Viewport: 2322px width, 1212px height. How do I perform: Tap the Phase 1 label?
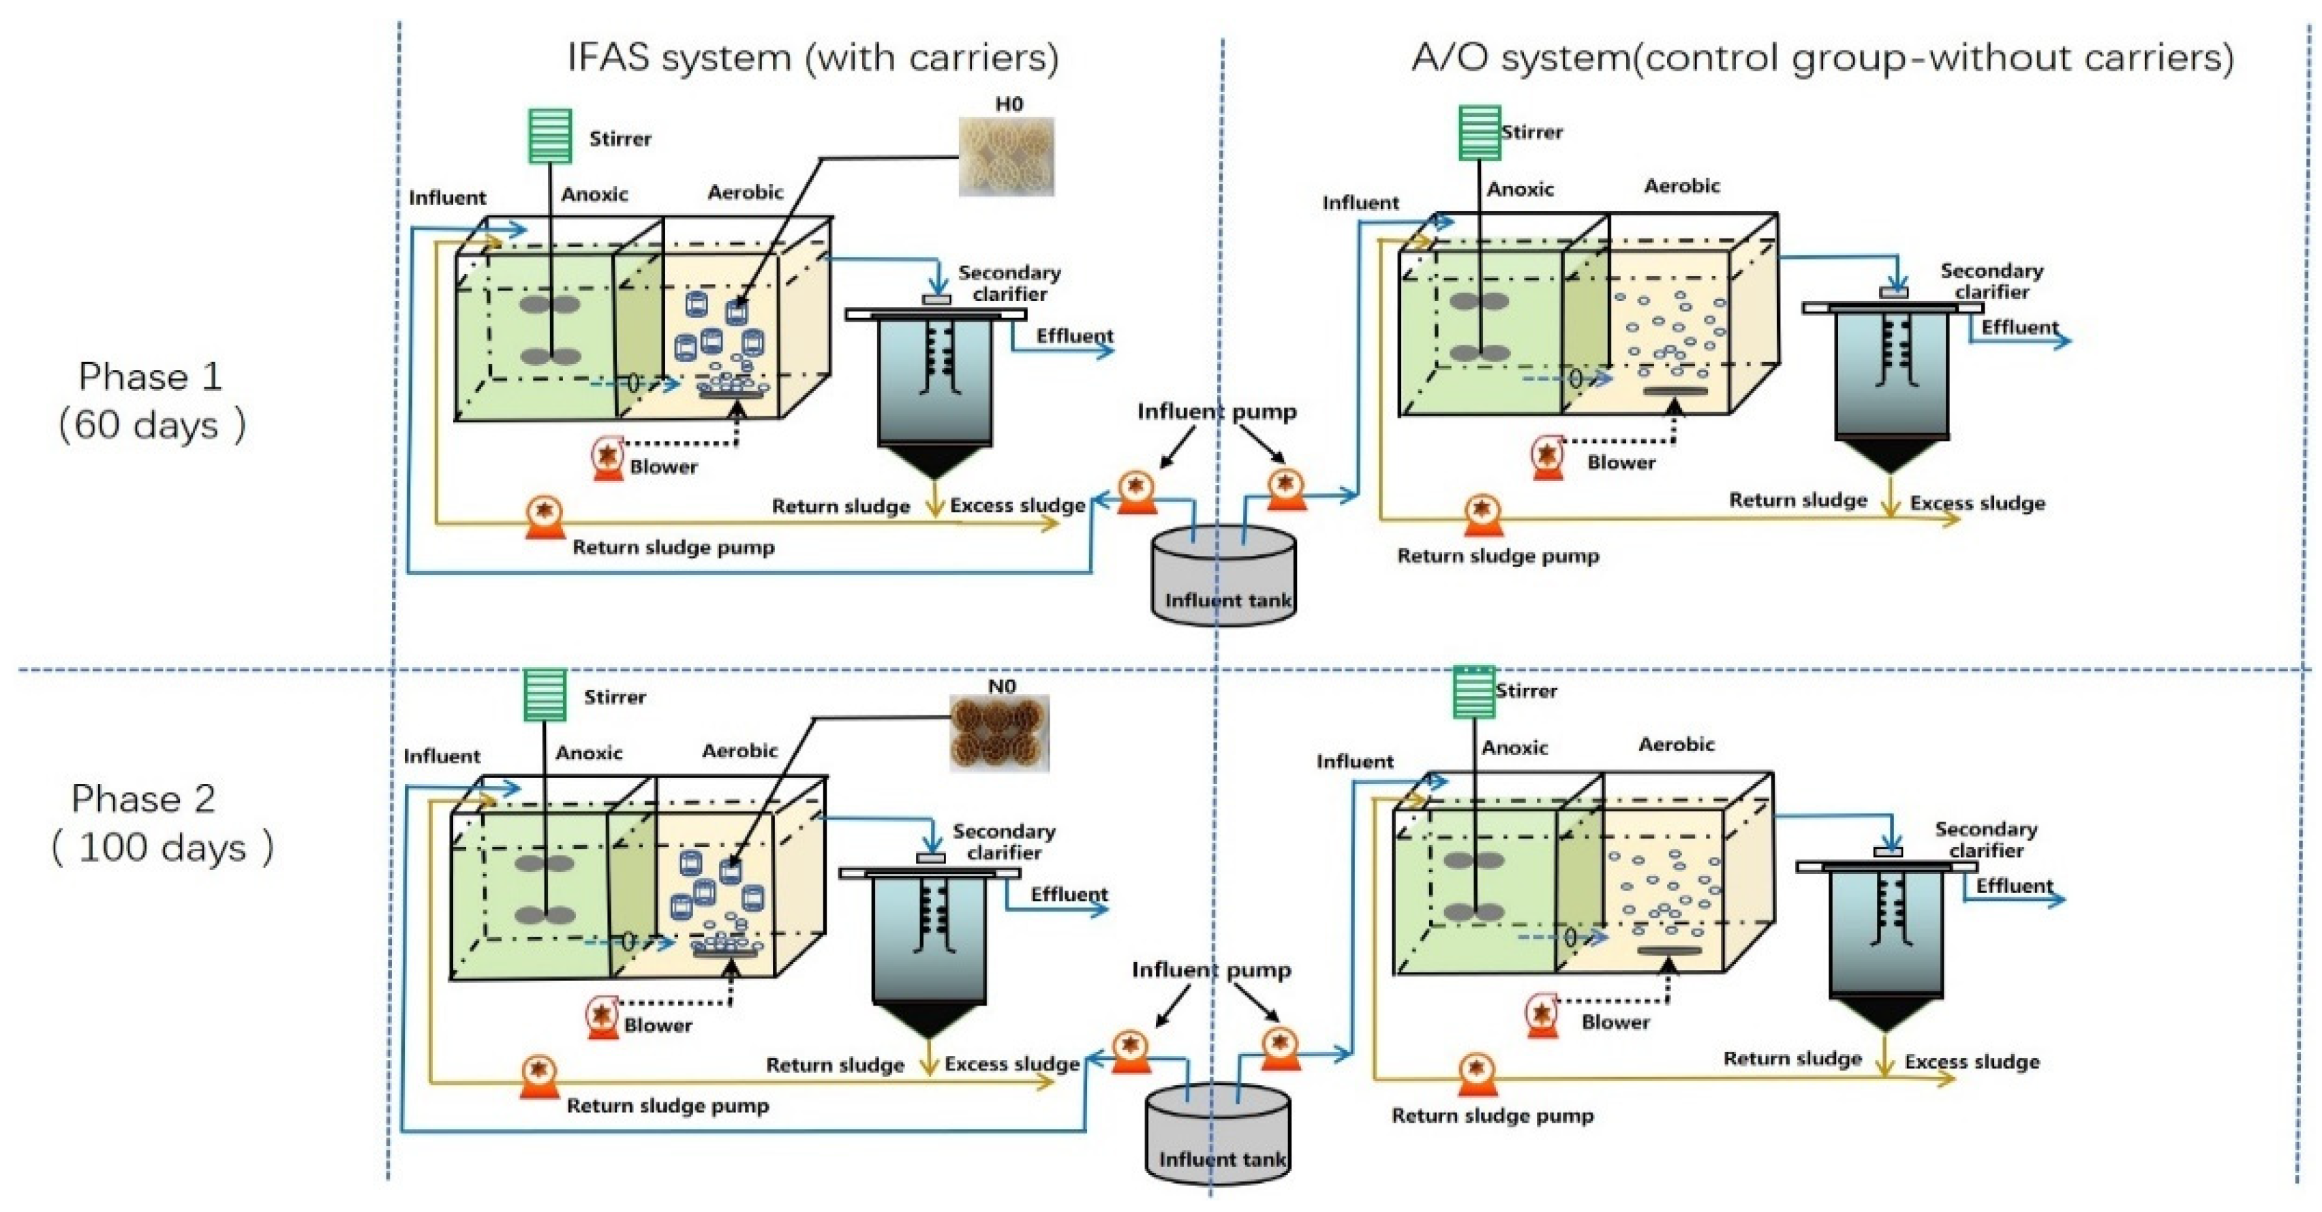click(x=150, y=376)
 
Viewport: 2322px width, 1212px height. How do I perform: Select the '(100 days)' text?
click(x=162, y=848)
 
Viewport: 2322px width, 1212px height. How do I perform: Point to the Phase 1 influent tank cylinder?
click(x=1224, y=577)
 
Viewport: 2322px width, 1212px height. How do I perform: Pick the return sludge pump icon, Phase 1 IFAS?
click(x=545, y=516)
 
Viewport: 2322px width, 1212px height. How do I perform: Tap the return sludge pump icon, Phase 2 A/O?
click(x=1476, y=1074)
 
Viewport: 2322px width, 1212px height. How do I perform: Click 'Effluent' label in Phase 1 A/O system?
click(x=2019, y=327)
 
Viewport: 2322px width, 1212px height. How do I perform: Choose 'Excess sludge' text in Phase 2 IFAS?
click(x=1011, y=1063)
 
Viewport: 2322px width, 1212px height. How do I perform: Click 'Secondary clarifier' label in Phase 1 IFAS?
click(x=1009, y=283)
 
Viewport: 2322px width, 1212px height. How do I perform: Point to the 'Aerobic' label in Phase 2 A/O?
click(x=1676, y=745)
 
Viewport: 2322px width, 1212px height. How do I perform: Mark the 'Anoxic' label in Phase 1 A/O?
click(x=1520, y=189)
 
